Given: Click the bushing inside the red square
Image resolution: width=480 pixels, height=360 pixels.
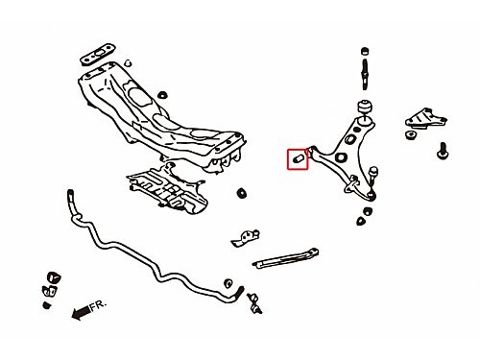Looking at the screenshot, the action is tap(298, 158).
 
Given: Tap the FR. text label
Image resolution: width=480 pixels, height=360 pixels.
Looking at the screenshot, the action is tap(98, 305).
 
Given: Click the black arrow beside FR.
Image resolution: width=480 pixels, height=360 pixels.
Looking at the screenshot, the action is tap(81, 313).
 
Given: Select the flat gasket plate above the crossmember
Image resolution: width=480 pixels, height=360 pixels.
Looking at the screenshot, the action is tap(98, 54).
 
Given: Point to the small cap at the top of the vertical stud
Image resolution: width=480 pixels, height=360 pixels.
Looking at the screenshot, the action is tap(365, 51).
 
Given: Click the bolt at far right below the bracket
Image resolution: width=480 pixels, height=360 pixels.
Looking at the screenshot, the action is tap(443, 151).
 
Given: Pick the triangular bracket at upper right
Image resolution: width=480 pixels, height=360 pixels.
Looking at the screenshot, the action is tap(426, 118).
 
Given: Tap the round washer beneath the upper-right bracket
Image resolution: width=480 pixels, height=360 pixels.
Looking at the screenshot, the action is tap(410, 134).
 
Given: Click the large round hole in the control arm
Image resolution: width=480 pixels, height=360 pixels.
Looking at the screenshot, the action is tap(342, 157).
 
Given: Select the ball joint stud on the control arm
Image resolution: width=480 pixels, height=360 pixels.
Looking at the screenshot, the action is tap(372, 176).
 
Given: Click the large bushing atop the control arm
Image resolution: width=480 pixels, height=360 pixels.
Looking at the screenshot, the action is tap(365, 107).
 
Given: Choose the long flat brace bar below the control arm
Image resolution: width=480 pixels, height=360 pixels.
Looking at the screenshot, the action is tap(285, 258).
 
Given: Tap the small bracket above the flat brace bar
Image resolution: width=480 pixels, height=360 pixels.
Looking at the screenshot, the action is tap(245, 238).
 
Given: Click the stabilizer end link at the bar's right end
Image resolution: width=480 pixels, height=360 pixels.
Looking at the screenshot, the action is tap(254, 303).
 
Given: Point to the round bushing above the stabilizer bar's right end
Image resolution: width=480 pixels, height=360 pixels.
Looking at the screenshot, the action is tap(228, 283).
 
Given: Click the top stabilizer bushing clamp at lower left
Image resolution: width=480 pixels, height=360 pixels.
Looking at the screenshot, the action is tap(54, 277).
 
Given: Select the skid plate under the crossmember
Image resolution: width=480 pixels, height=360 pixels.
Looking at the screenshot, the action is tap(167, 188).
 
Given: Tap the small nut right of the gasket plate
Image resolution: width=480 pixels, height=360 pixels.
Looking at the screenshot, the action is tap(128, 62).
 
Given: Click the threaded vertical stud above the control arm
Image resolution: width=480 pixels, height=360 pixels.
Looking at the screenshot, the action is tap(365, 74).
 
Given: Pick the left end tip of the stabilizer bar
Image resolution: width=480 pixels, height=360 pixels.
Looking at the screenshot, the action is tap(70, 193).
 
